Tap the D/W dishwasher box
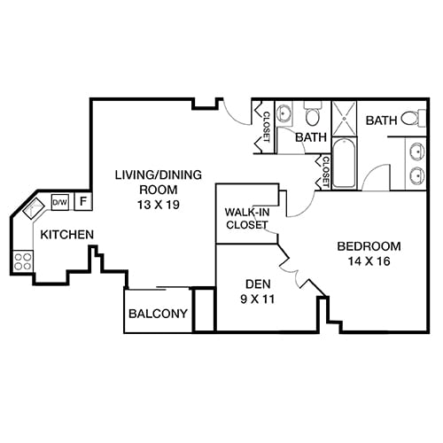(x=59, y=202)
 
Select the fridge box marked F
(x=82, y=202)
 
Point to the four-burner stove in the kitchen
(x=23, y=260)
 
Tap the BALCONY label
(x=159, y=314)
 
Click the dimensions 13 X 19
(x=145, y=205)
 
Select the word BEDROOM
(x=369, y=246)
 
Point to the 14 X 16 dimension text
(x=369, y=261)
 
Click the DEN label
(x=257, y=284)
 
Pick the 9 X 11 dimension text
(x=257, y=299)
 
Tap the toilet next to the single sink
(x=312, y=116)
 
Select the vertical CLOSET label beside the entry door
(x=265, y=126)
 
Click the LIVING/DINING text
(x=146, y=175)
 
